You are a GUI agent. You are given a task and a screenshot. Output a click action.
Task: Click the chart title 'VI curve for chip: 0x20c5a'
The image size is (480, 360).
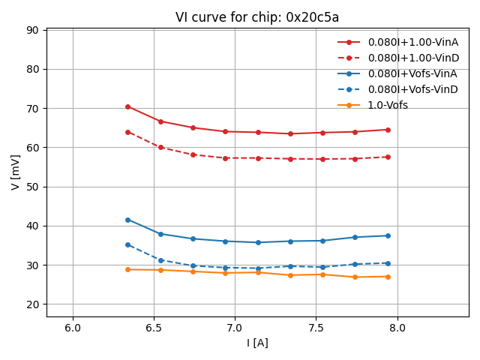tap(257, 17)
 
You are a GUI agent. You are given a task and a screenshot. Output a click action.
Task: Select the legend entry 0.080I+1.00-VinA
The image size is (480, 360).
tap(412, 42)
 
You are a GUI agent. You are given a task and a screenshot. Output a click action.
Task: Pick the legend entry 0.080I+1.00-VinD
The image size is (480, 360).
tap(412, 58)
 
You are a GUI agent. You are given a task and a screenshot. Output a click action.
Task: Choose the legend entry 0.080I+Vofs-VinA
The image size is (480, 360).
tap(412, 73)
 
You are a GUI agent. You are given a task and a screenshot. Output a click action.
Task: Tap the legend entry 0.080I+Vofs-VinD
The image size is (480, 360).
tap(412, 89)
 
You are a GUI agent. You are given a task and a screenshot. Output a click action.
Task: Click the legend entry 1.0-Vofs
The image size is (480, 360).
tap(388, 105)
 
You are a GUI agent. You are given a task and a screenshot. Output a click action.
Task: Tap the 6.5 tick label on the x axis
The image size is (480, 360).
tap(154, 328)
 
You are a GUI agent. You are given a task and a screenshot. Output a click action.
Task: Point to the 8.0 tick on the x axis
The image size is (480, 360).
tap(397, 328)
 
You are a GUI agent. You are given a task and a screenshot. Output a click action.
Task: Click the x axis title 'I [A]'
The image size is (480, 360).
tap(257, 343)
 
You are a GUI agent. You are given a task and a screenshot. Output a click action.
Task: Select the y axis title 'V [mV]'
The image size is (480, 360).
tap(16, 172)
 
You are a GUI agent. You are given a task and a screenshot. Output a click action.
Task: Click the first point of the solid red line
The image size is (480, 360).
tap(127, 106)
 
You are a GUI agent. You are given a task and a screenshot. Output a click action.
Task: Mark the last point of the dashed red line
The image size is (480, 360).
tap(388, 157)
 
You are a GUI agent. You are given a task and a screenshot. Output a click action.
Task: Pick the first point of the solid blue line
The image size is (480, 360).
tap(127, 220)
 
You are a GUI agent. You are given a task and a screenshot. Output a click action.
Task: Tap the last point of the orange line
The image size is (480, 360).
tap(388, 277)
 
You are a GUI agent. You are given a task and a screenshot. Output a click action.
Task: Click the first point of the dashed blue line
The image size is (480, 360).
tap(127, 244)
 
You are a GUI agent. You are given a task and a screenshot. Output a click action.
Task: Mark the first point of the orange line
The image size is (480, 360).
tap(127, 269)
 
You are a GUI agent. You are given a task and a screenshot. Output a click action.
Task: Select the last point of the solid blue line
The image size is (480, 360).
tap(388, 235)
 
